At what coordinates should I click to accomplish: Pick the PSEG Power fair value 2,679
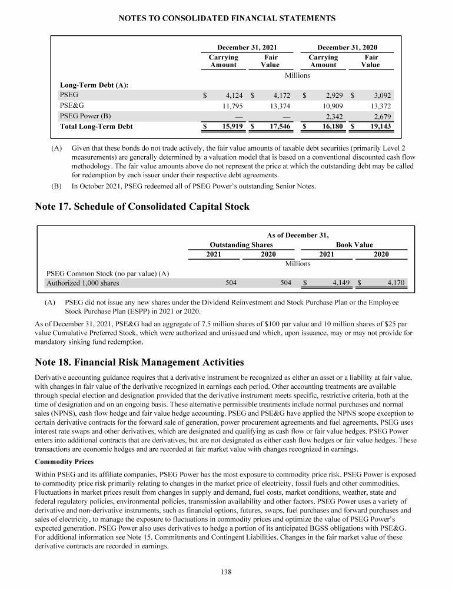(x=378, y=116)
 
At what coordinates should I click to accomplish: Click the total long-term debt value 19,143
(x=378, y=127)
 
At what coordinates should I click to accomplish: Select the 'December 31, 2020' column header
(x=347, y=47)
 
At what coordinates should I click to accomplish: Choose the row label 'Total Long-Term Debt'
(x=97, y=127)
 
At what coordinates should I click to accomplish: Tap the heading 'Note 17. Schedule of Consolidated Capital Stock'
(x=141, y=207)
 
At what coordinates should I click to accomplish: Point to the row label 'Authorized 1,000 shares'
(x=82, y=283)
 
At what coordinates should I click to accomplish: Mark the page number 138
(x=226, y=571)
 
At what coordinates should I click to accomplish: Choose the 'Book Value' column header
(x=354, y=244)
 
